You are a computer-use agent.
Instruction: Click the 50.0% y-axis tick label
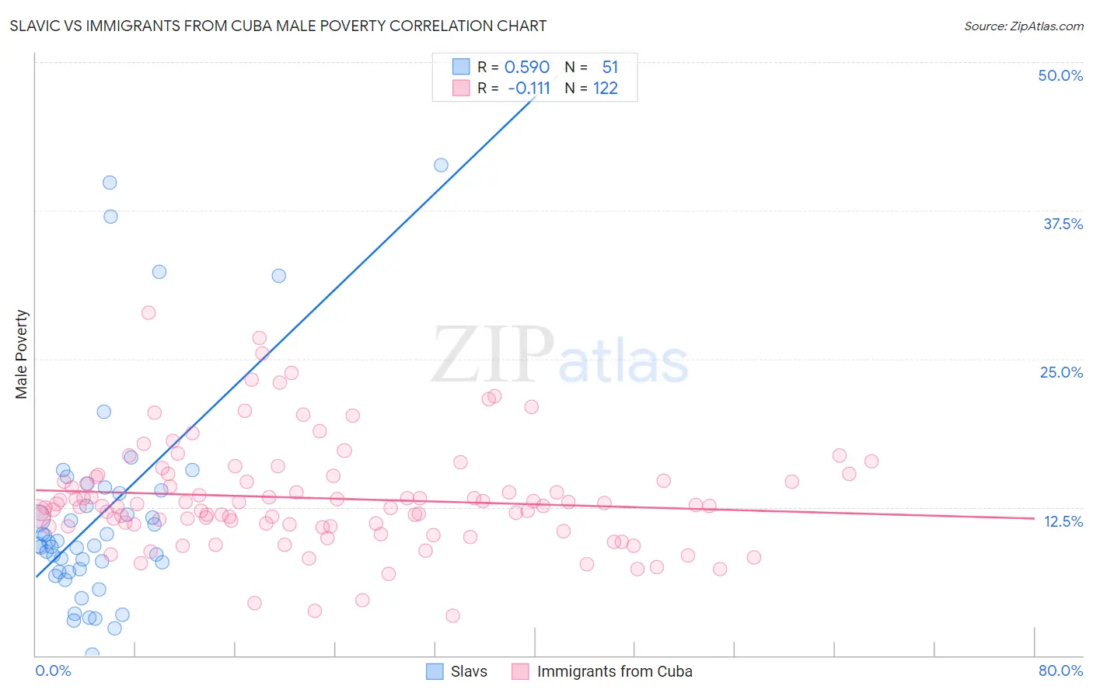tap(1060, 75)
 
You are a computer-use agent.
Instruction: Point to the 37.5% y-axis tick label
tap(1063, 224)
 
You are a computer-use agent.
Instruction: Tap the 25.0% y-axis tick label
tap(1061, 372)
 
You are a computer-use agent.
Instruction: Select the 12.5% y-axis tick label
tap(1063, 521)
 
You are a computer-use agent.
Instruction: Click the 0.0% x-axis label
tap(53, 670)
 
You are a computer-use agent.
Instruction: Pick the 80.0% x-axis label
tap(1060, 670)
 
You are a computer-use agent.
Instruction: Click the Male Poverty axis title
tap(22, 354)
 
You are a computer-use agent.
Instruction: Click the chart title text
tap(278, 26)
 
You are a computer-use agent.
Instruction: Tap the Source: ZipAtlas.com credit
tap(1023, 26)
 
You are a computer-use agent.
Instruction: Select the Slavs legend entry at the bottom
tap(458, 671)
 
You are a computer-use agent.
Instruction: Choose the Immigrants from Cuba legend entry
tap(602, 671)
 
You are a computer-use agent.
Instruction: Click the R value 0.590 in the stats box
tap(527, 67)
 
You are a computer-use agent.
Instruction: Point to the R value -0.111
tap(529, 88)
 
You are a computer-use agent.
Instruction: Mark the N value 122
tap(605, 88)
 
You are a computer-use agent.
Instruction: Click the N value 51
tap(609, 67)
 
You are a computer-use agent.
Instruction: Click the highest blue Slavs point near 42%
tap(441, 165)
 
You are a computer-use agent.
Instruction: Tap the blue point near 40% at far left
tap(110, 183)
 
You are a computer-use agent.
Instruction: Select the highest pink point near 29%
tap(148, 312)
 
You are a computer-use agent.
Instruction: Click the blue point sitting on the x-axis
tap(92, 654)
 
